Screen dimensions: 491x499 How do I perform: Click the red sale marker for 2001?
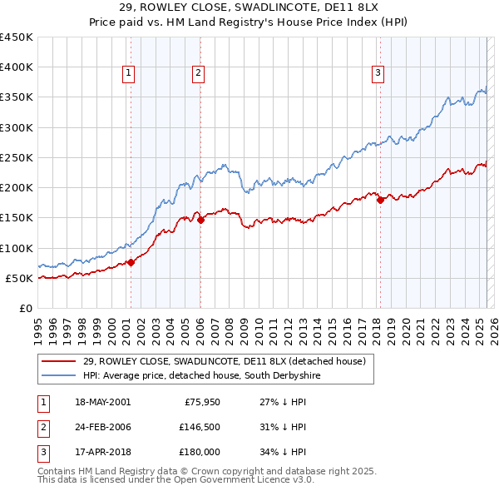[x=131, y=262]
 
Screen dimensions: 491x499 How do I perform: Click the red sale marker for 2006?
[x=200, y=220]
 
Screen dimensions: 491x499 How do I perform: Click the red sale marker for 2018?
[x=380, y=200]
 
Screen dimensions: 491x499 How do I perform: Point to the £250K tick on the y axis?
[x=17, y=157]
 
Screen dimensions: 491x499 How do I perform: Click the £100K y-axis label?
[x=17, y=248]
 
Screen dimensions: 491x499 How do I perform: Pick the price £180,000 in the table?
[x=200, y=452]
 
